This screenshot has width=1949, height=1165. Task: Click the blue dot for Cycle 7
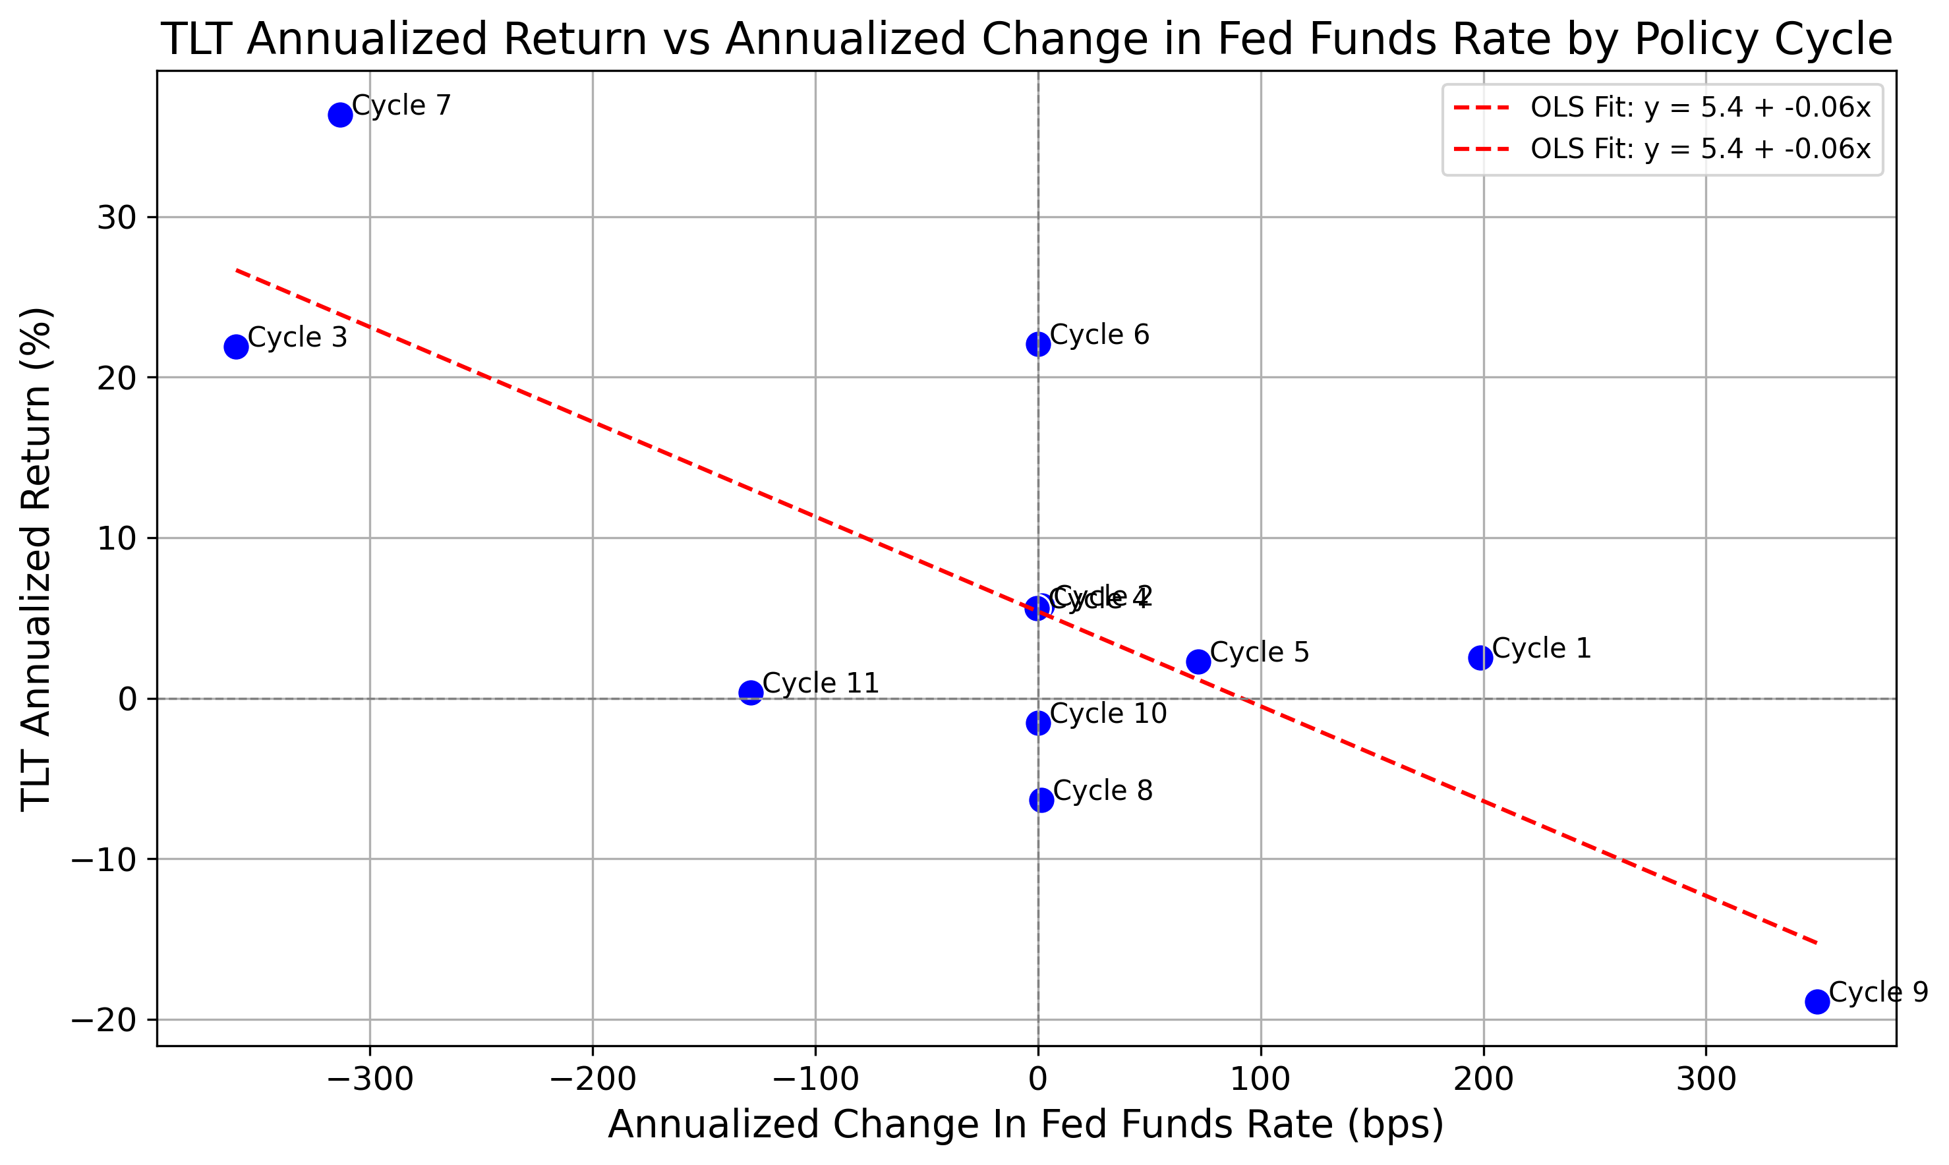tap(340, 115)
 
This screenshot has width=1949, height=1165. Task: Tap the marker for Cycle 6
tap(1038, 345)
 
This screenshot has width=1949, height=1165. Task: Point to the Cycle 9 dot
tap(1817, 1002)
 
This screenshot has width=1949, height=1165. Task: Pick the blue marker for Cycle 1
tap(1480, 658)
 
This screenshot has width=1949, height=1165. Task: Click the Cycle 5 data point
tap(1198, 662)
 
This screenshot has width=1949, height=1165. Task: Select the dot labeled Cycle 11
tap(751, 693)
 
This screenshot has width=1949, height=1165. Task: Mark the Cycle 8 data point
tap(1041, 800)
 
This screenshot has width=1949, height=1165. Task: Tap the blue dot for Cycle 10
tap(1038, 723)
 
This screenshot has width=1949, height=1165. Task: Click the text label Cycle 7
tap(401, 105)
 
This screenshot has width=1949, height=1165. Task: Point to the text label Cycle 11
tap(821, 683)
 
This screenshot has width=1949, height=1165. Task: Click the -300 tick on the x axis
tap(370, 1079)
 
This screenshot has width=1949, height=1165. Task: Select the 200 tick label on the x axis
tap(1484, 1079)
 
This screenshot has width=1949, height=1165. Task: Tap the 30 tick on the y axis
tap(116, 218)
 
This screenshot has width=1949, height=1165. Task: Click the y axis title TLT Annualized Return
tap(36, 558)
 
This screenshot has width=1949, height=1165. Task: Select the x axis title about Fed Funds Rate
tap(1026, 1124)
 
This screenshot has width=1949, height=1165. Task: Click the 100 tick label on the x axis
tap(1260, 1079)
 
